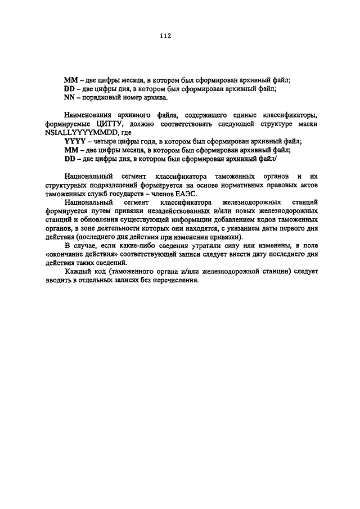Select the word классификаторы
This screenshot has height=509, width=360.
(292, 115)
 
